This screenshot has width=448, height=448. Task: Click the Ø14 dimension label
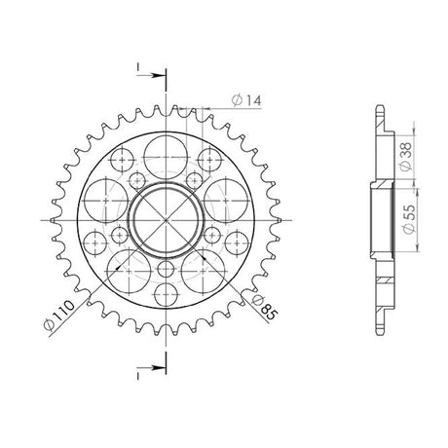coord(246,100)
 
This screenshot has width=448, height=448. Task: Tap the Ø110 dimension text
coord(59,316)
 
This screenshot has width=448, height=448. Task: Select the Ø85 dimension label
coord(265,307)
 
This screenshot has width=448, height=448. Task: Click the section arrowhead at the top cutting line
coord(158,76)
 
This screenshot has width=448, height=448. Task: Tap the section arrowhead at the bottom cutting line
coord(158,368)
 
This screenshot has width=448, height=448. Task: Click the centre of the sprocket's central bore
coord(166,220)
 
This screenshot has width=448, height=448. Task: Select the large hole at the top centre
coord(166,158)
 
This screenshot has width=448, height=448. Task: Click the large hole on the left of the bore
coord(106,201)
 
